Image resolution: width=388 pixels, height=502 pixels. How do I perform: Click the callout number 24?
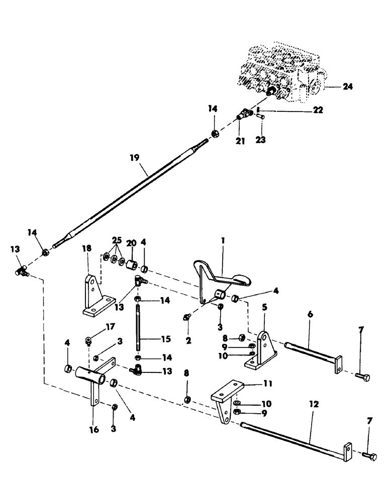point(348,87)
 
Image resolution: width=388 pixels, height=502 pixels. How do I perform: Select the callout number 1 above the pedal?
point(223,241)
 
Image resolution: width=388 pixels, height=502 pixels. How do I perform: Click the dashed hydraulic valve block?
point(276,70)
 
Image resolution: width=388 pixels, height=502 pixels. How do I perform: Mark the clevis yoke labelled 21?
point(244,115)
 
